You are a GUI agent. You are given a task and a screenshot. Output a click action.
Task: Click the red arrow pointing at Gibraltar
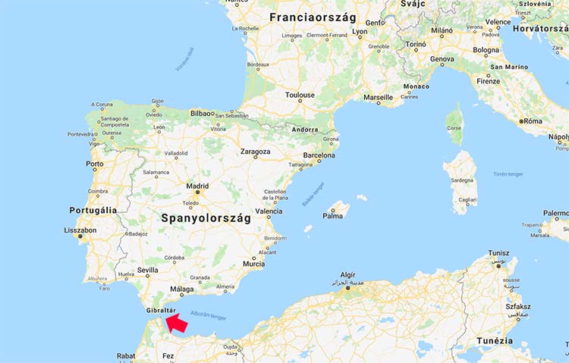[178, 324]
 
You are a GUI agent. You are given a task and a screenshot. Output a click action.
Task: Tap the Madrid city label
[197, 186]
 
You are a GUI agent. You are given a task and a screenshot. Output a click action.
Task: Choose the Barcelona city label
[319, 156]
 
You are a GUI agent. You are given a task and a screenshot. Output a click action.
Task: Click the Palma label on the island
[332, 215]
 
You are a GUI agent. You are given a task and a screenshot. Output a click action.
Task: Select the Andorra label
[305, 130]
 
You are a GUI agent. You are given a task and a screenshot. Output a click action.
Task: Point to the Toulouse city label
[300, 95]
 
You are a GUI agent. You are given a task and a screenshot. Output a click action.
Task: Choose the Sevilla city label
[148, 270]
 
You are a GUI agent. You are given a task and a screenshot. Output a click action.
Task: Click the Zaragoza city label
[255, 152]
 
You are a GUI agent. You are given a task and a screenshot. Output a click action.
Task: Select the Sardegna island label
[462, 181]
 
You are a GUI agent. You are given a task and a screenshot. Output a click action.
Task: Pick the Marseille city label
[378, 98]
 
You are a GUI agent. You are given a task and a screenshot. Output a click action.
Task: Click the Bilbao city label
[203, 113]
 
